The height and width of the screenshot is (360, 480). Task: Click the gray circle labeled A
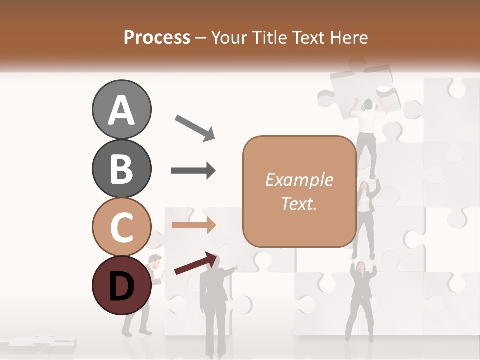pyautogui.click(x=121, y=109)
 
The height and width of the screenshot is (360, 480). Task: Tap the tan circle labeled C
pyautogui.click(x=121, y=227)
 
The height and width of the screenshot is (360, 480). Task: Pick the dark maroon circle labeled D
pyautogui.click(x=121, y=285)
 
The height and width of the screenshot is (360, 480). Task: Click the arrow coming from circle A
pyautogui.click(x=195, y=127)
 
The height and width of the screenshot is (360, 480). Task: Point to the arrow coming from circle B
pyautogui.click(x=193, y=171)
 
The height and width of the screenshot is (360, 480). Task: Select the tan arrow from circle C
pyautogui.click(x=193, y=225)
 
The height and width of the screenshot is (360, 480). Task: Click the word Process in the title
pyautogui.click(x=157, y=37)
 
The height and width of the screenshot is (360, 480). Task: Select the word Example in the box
pyautogui.click(x=299, y=180)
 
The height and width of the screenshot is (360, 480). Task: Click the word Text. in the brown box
pyautogui.click(x=299, y=204)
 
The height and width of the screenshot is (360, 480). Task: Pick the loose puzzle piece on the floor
pyautogui.click(x=42, y=344)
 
